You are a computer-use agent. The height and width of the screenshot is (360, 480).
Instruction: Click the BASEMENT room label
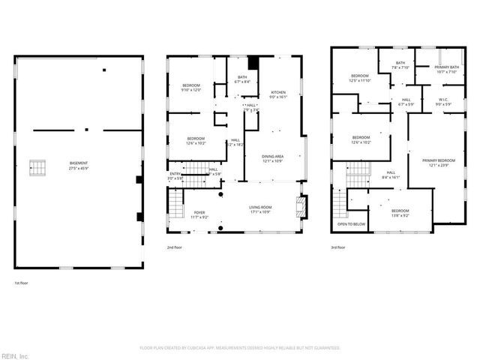pyautogui.click(x=79, y=166)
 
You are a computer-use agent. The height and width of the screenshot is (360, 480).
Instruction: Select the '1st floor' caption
pyautogui.click(x=22, y=283)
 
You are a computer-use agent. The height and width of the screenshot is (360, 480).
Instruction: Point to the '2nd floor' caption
pyautogui.click(x=174, y=247)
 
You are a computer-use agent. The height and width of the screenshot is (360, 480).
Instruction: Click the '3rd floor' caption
pyautogui.click(x=338, y=247)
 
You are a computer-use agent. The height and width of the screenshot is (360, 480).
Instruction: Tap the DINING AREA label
pyautogui.click(x=272, y=158)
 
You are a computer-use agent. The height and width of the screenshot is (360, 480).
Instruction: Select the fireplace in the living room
pyautogui.click(x=301, y=206)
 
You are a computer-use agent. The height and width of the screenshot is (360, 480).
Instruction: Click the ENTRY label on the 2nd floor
pyautogui.click(x=175, y=176)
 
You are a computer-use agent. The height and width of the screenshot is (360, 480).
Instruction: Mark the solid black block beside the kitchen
pyautogui.click(x=253, y=63)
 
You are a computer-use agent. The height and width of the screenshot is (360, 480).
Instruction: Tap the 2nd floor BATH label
pyautogui.click(x=242, y=79)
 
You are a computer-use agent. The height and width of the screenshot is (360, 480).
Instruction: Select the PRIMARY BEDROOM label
pyautogui.click(x=438, y=163)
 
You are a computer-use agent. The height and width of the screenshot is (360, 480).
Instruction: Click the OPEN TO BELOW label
pyautogui.click(x=352, y=223)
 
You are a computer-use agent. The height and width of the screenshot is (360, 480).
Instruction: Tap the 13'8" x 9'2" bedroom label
pyautogui.click(x=400, y=213)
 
